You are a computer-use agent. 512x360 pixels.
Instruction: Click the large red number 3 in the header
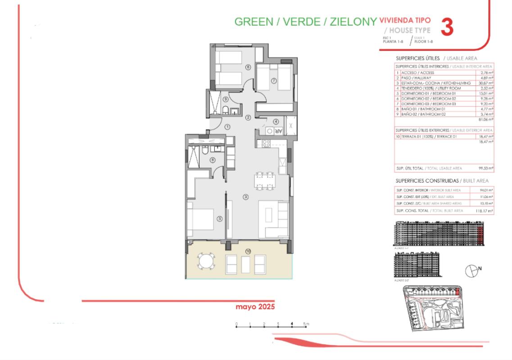tap(446, 27)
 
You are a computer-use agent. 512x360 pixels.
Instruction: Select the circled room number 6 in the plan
tap(248, 67)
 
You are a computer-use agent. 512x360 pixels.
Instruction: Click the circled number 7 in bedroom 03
tap(273, 81)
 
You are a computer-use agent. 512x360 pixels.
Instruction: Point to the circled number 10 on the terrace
tap(248, 251)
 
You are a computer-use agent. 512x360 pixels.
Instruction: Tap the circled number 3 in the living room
tap(246, 197)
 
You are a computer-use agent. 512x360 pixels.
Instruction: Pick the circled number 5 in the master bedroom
tap(220, 219)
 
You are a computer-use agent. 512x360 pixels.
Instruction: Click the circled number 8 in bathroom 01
tap(213, 160)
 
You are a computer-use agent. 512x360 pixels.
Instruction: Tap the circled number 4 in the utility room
tap(276, 121)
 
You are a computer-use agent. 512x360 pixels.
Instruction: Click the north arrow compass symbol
tap(471, 270)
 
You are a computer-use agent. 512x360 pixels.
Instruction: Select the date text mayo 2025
tap(255, 307)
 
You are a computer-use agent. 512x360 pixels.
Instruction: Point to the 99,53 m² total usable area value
tap(487, 168)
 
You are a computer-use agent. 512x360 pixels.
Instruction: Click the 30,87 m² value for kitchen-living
tap(487, 83)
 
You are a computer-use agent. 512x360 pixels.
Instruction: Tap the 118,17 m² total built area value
tap(486, 211)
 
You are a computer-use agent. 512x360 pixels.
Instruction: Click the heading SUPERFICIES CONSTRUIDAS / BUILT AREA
tap(442, 180)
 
